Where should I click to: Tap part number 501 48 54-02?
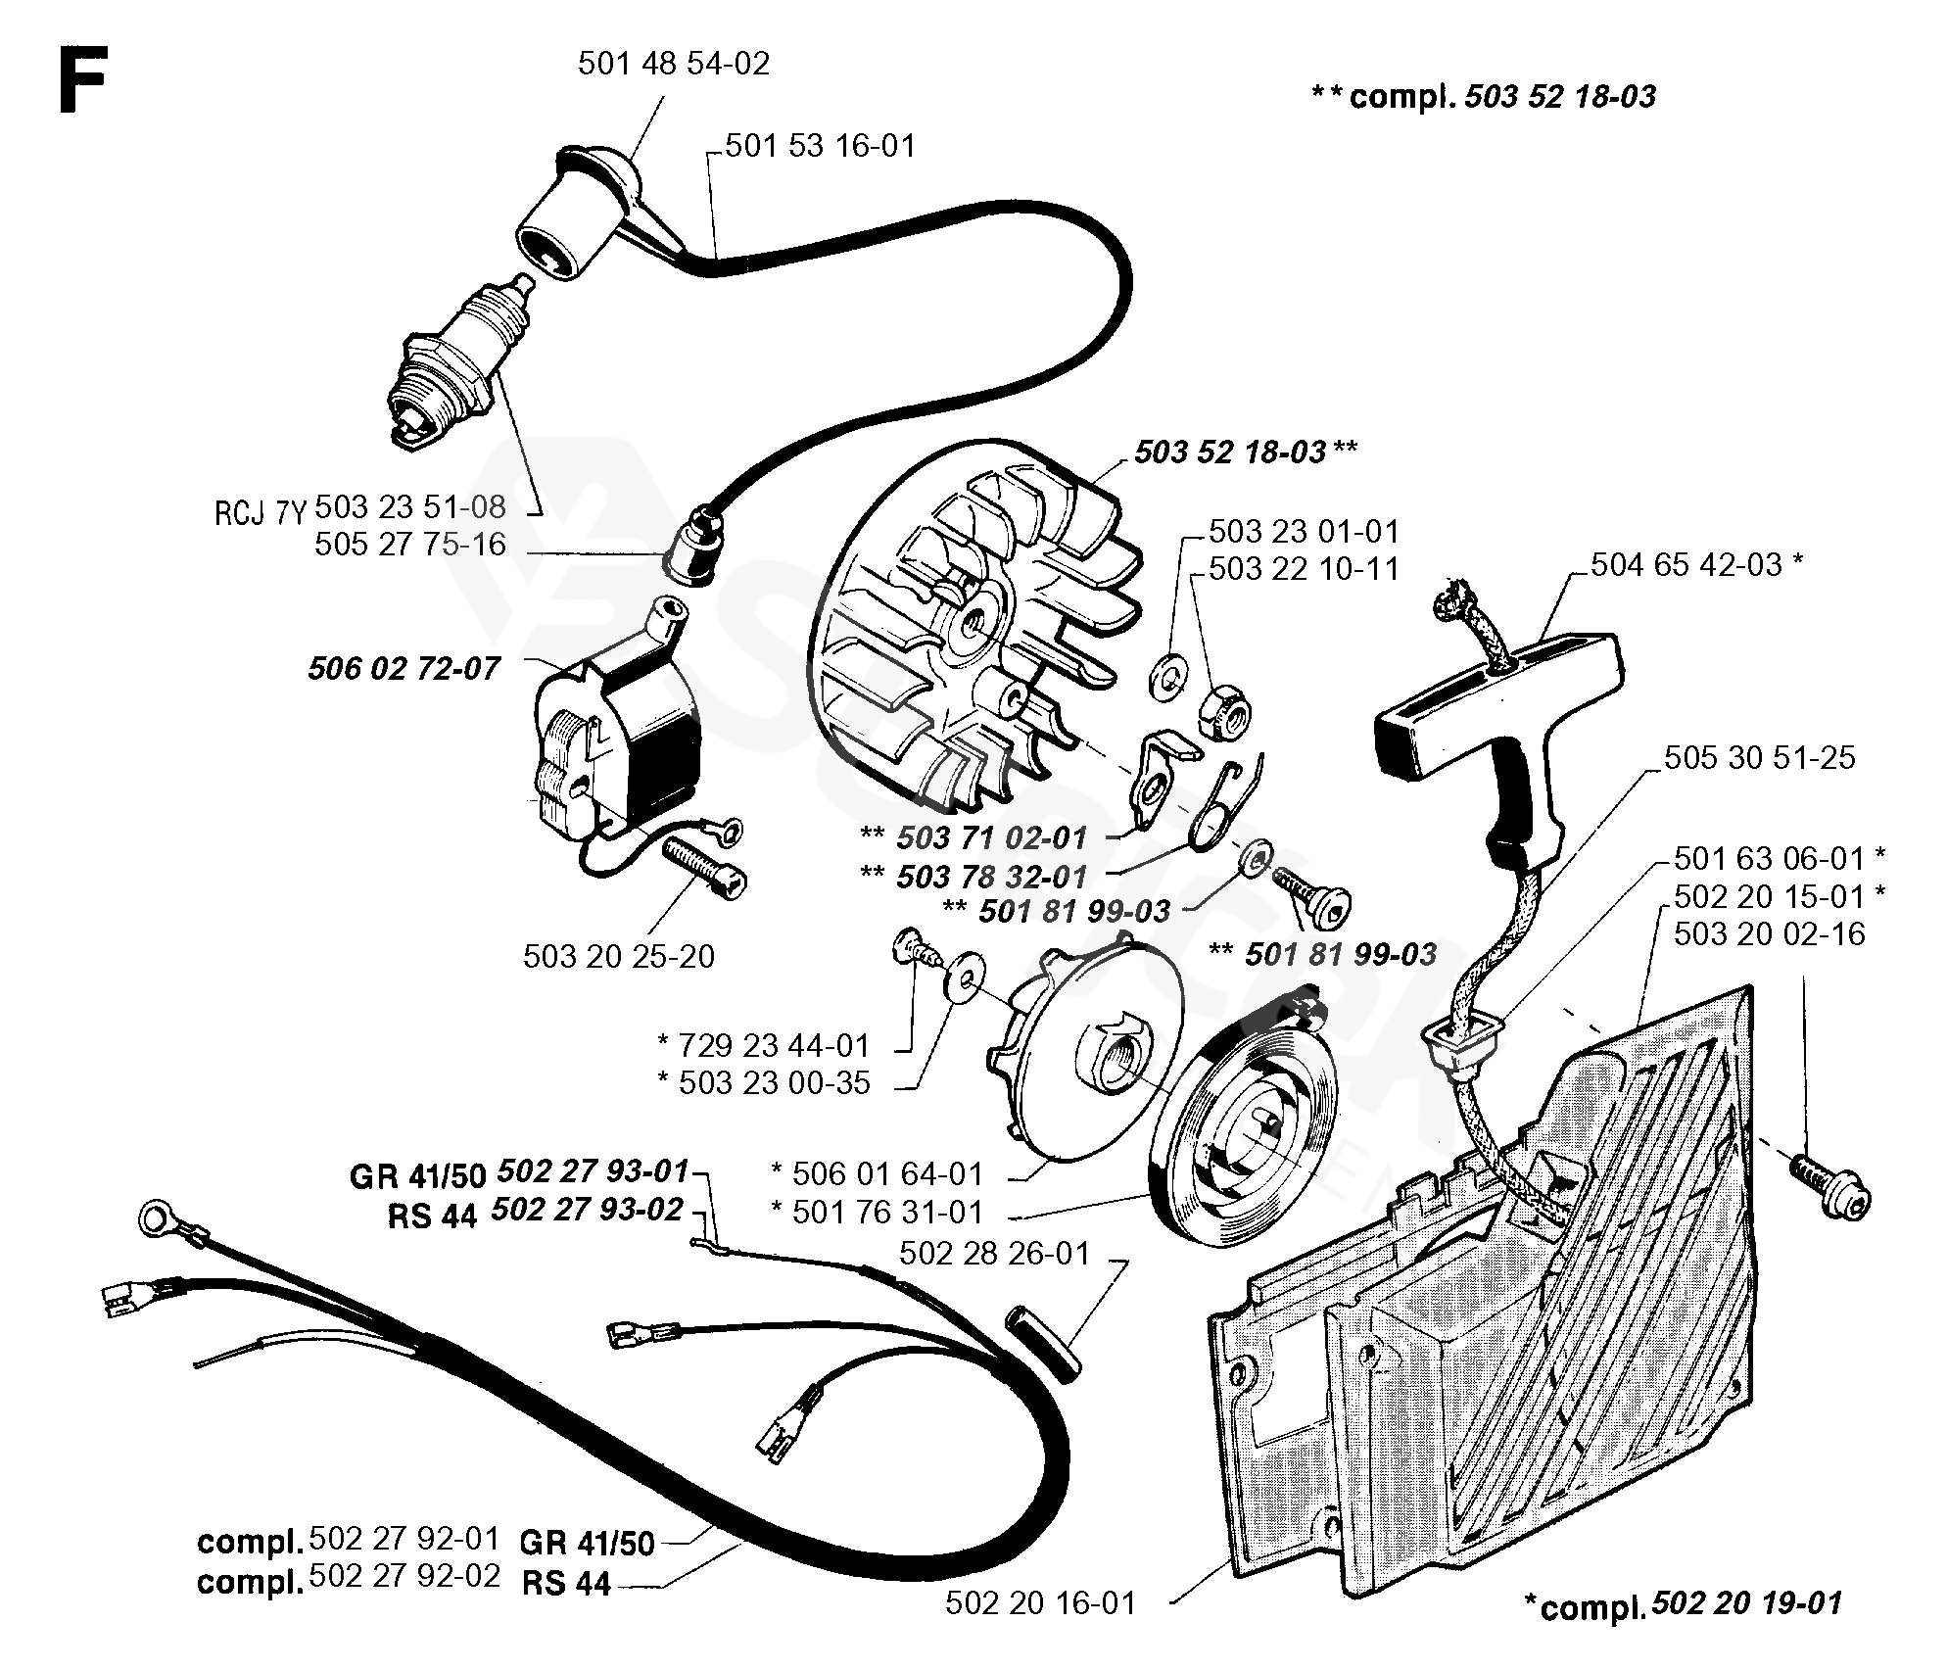[x=674, y=65]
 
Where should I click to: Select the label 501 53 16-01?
[x=821, y=147]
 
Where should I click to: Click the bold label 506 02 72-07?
[x=404, y=669]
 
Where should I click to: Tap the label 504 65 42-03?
[x=1686, y=565]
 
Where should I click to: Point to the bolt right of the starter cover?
[x=1831, y=1186]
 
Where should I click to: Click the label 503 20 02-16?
[x=1770, y=934]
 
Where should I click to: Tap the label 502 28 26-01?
[x=993, y=1254]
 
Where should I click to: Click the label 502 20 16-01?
[x=1041, y=1603]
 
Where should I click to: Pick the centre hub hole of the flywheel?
[x=974, y=619]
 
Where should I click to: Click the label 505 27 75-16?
[x=409, y=545]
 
